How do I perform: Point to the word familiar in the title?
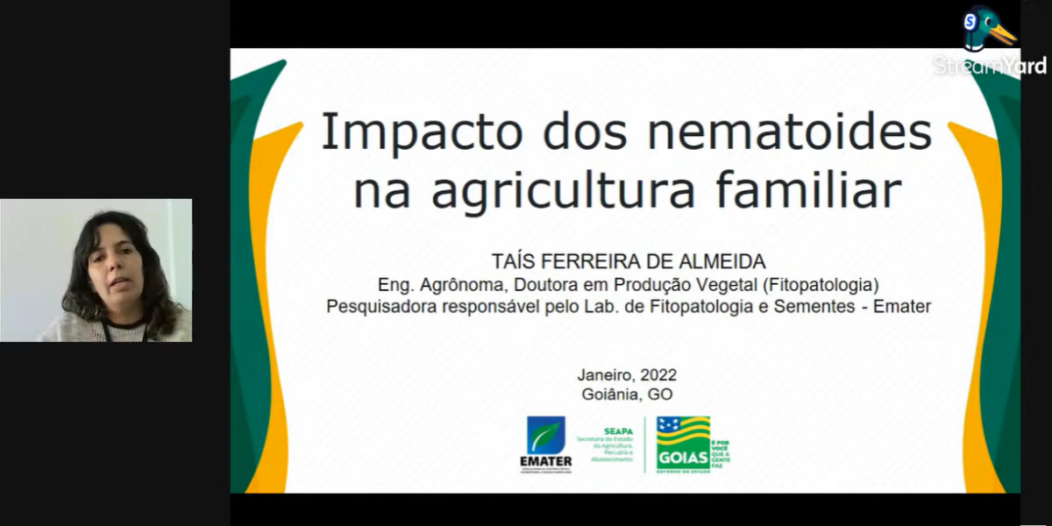(813, 190)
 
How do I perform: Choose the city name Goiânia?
(611, 394)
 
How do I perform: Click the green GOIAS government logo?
(683, 444)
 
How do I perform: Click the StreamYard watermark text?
(989, 67)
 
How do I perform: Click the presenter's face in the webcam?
(114, 272)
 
